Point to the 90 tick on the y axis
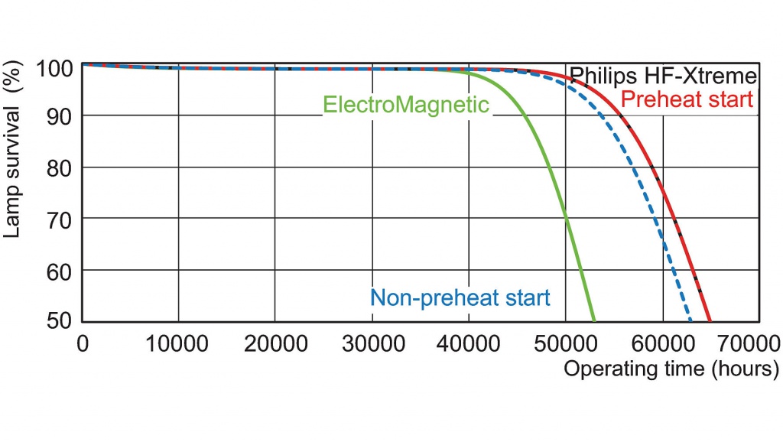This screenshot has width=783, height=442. pos(62,116)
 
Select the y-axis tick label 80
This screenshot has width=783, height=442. pos(62,167)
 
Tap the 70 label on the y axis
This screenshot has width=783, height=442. pos(62,219)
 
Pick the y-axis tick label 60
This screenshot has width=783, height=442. pos(62,271)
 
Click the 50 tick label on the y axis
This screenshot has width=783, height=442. pos(62,321)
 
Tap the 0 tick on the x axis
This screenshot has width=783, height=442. pos(83,343)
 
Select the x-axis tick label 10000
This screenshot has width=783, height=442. pos(178,343)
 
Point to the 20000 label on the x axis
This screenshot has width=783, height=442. pos(275,343)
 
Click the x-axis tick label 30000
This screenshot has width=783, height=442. pos(372,343)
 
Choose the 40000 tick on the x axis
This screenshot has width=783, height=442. pos(469,343)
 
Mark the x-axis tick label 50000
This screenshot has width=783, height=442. pos(566,343)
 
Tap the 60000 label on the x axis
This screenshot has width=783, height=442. pos(662,343)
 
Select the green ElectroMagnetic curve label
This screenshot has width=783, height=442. pos(406,105)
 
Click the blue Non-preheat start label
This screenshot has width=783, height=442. pos(460,297)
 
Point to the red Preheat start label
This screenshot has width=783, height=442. pos(687,99)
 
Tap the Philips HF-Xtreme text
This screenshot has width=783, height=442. pos(664,76)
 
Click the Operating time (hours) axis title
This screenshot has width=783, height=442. pos(671,369)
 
